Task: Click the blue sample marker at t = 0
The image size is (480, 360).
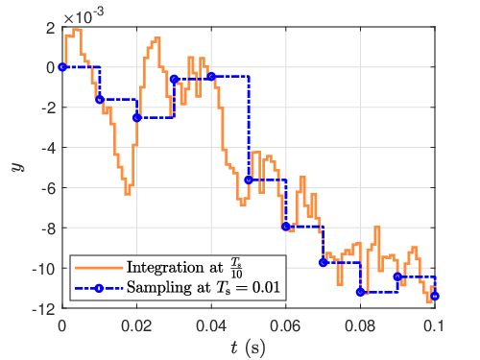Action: tap(62, 67)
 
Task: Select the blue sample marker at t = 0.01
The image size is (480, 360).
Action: tap(100, 100)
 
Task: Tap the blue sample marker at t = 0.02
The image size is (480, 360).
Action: tap(137, 118)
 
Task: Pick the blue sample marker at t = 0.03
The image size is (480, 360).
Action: tap(174, 79)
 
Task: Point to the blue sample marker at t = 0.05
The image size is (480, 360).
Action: tap(249, 180)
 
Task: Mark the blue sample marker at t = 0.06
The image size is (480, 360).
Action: tap(286, 227)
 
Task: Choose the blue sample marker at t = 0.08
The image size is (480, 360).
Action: tap(360, 292)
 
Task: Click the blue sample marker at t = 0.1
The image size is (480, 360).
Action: tap(435, 296)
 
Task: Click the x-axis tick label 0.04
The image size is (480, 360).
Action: tap(211, 326)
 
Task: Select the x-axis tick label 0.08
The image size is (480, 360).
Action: tap(360, 326)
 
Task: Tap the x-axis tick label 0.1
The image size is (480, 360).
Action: tap(434, 326)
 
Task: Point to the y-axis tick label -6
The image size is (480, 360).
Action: tap(49, 188)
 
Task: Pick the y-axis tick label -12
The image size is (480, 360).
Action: tap(44, 309)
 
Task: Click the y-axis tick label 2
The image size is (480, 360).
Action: tap(51, 29)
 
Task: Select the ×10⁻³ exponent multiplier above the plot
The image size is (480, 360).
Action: tap(84, 16)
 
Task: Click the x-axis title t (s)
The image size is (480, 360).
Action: tap(248, 348)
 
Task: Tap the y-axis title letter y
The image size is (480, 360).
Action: tap(18, 167)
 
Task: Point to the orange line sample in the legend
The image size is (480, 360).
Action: tap(99, 268)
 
